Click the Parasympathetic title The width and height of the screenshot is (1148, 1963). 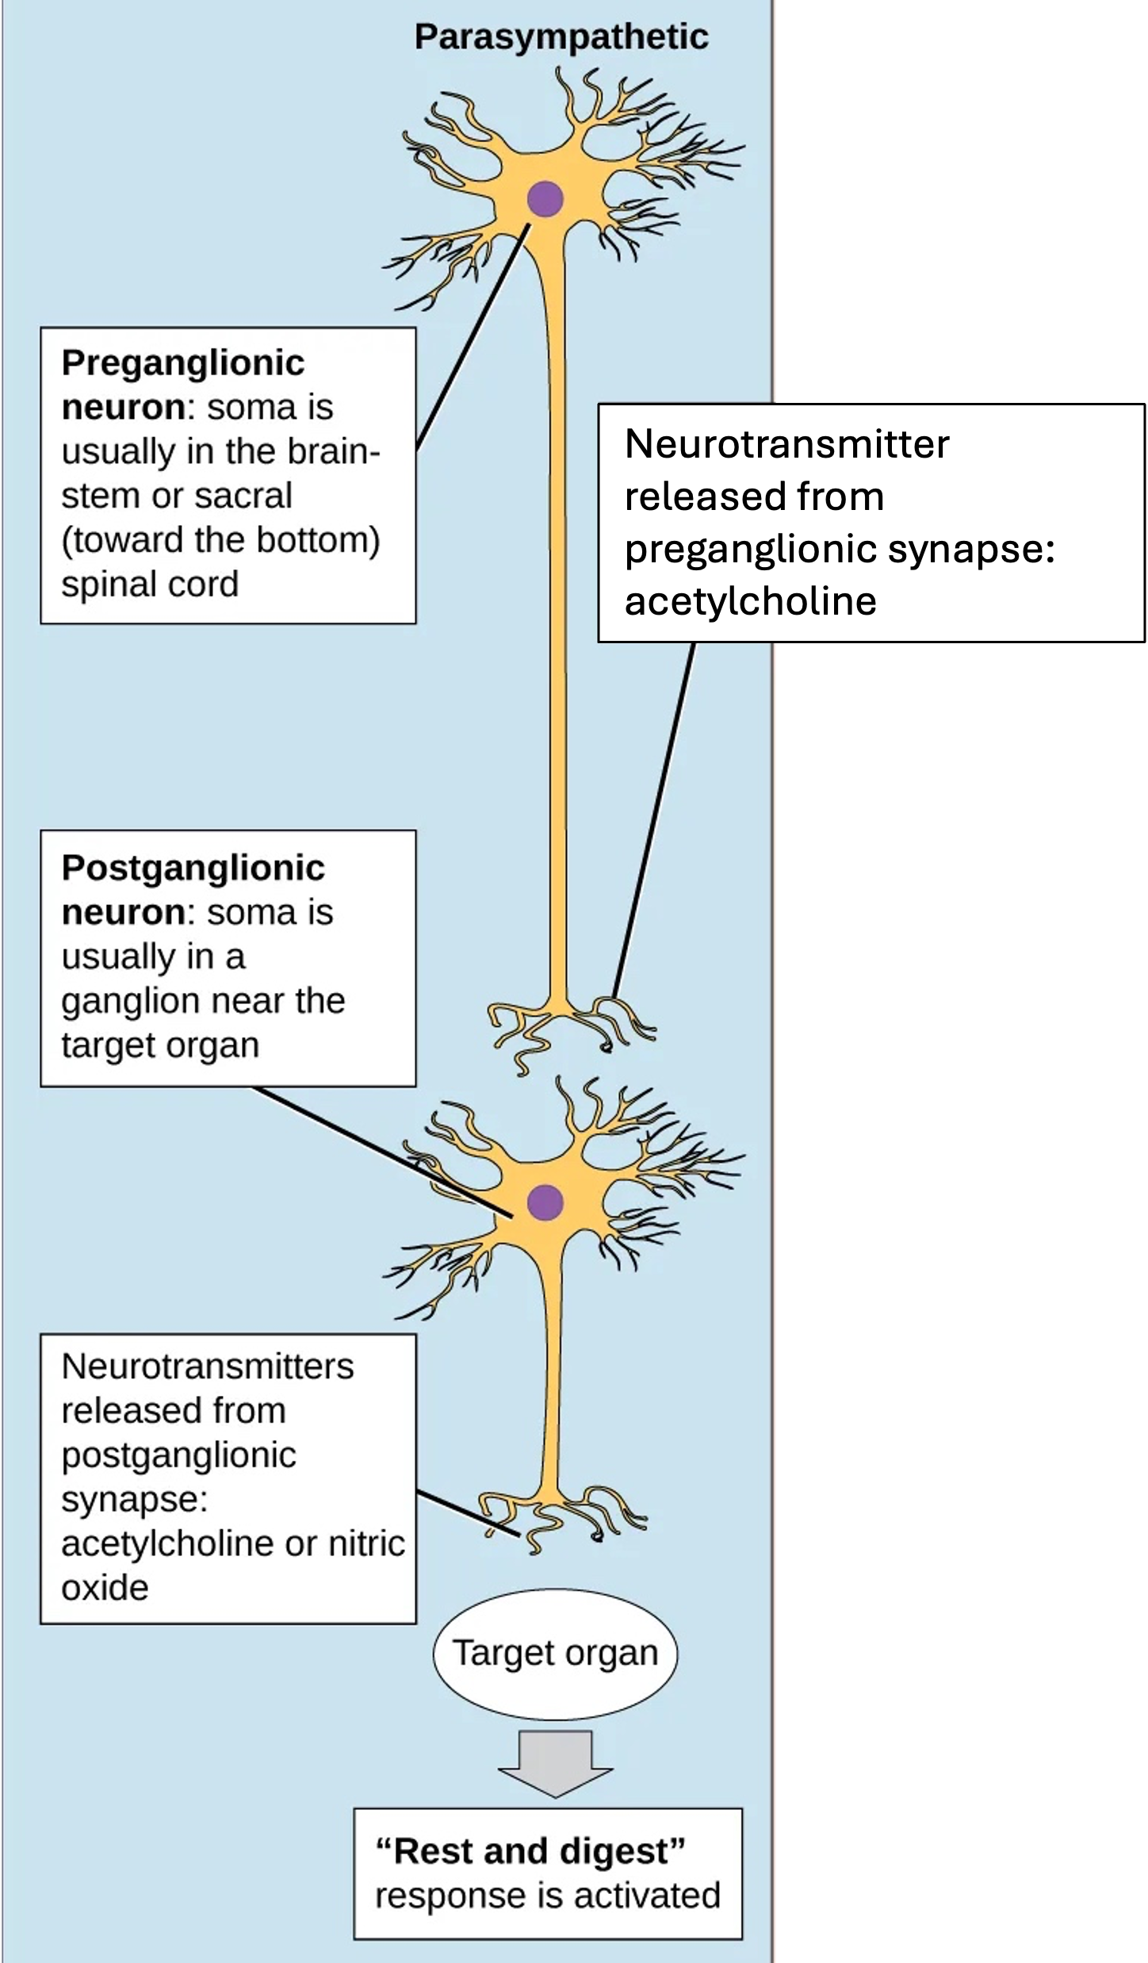(561, 37)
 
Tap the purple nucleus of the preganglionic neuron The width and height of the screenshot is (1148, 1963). (545, 198)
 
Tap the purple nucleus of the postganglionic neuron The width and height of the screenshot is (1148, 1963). (545, 1202)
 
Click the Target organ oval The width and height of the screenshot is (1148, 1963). (555, 1654)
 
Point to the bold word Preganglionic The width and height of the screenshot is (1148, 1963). (183, 363)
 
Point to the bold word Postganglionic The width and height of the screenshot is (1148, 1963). (193, 868)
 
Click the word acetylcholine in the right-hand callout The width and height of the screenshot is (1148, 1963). (750, 601)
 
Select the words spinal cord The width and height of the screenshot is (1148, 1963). (150, 585)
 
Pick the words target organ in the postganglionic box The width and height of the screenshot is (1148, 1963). (160, 1045)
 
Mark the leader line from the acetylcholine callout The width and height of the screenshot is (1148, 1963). (654, 817)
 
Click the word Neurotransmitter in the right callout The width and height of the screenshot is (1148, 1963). (786, 444)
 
